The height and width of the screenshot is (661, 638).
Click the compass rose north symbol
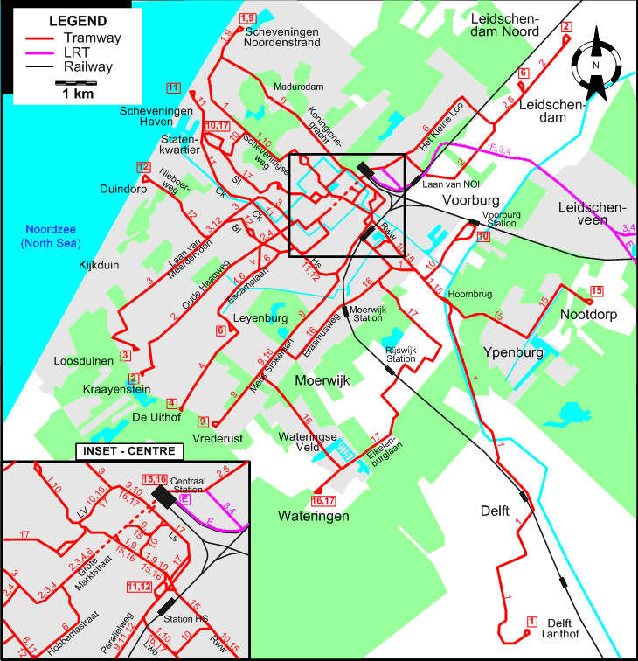pos(595,63)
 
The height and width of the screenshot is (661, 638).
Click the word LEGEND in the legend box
pos(78,21)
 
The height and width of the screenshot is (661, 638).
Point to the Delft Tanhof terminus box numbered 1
pos(531,621)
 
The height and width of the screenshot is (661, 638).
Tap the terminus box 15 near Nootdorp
pos(597,291)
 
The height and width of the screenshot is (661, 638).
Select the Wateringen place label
pos(314,516)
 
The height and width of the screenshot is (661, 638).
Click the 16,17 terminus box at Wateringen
pos(323,501)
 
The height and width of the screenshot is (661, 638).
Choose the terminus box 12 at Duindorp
pos(143,167)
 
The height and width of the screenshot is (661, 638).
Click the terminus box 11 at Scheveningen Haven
pos(173,87)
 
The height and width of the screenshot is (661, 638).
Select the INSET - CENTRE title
pos(128,451)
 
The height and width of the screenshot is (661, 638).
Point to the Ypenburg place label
pos(513,352)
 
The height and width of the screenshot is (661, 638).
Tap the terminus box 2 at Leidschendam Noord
pos(565,27)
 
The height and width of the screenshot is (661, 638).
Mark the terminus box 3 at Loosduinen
pos(126,354)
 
